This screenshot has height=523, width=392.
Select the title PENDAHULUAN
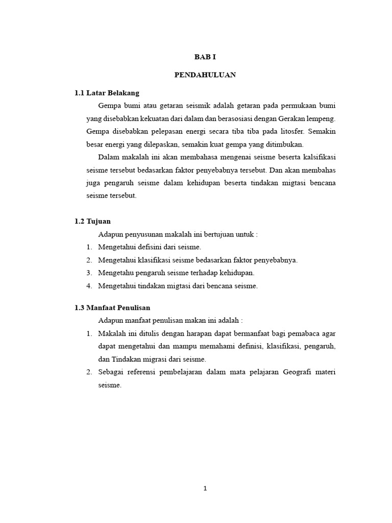click(x=205, y=75)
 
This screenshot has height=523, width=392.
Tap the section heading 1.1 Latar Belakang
click(x=107, y=93)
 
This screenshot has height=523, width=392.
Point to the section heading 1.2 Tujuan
click(x=92, y=221)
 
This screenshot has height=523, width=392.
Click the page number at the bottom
click(x=205, y=488)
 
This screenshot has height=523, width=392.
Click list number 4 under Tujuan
click(x=89, y=286)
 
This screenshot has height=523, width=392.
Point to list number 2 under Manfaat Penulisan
click(x=89, y=372)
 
